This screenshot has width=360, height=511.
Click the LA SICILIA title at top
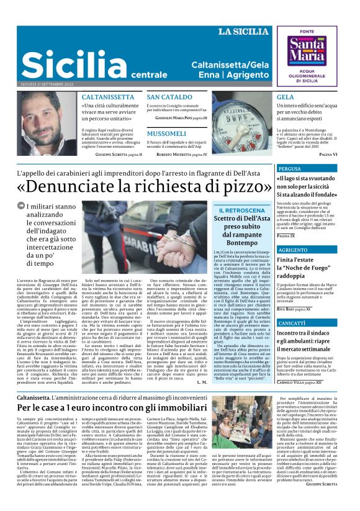[243, 32]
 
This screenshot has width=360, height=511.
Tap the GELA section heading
[286, 97]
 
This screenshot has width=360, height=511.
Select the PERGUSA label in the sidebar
[290, 169]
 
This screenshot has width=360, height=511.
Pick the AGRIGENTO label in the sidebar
[293, 250]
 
